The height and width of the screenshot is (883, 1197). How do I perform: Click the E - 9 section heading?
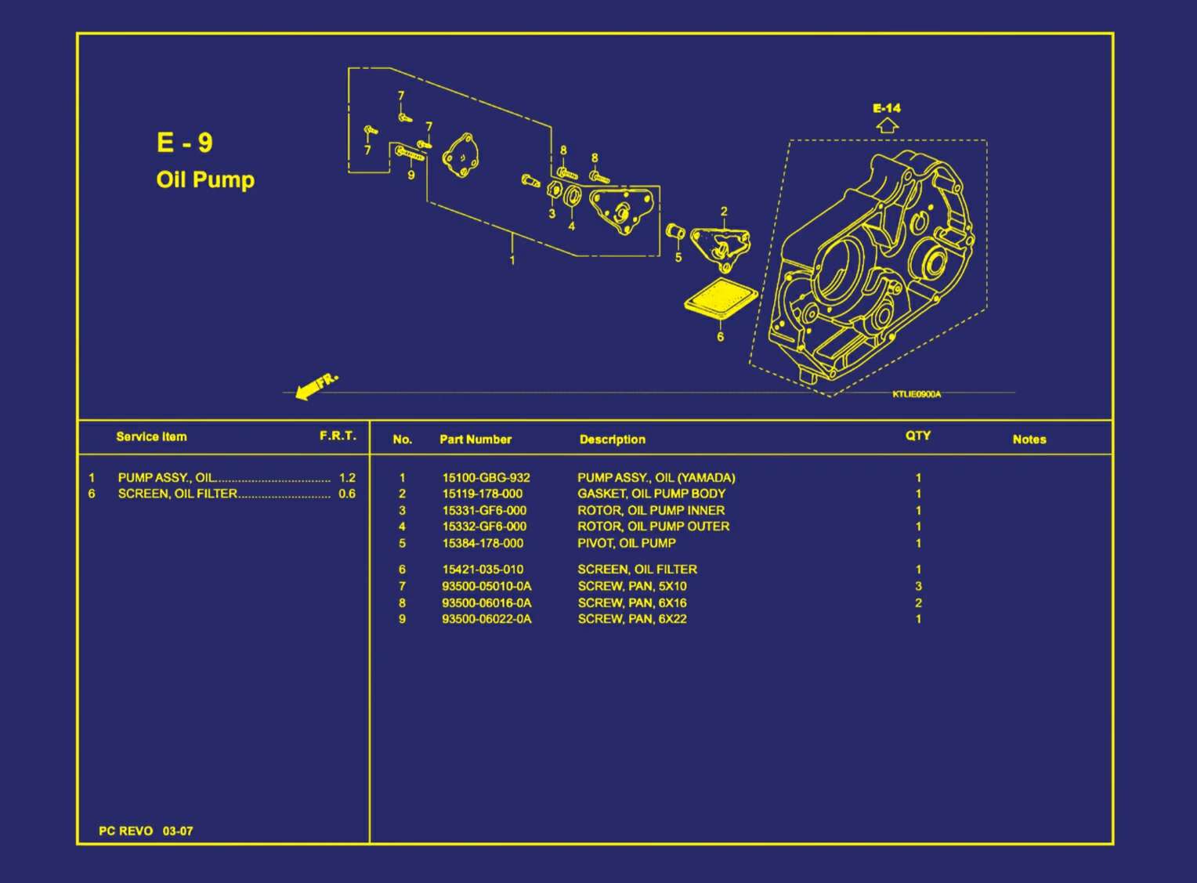coord(184,143)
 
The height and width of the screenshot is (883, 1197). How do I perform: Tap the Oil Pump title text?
coord(205,179)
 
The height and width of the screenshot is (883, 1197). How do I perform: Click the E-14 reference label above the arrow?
coord(887,108)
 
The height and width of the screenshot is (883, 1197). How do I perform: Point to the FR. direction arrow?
coord(316,385)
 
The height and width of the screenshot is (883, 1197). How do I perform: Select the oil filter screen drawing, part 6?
coord(721,299)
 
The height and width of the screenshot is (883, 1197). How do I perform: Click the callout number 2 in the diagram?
coord(724,212)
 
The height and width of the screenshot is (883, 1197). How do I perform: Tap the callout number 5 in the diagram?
coord(678,257)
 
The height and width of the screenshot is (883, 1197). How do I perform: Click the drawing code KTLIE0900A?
coord(917,394)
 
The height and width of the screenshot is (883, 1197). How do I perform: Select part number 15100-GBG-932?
coord(486,477)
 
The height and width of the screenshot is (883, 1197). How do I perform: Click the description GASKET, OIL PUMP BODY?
coord(651,494)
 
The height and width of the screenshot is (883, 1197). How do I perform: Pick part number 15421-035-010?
coord(483,570)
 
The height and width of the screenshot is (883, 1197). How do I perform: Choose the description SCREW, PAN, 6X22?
coord(631,619)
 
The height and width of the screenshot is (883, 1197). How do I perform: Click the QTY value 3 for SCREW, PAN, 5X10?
coord(918,586)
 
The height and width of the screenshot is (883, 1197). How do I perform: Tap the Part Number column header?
coord(475,440)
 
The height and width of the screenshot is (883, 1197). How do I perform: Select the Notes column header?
coord(1029,440)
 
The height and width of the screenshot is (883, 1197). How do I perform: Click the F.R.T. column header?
coord(338,436)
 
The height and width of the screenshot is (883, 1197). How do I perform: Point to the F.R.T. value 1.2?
coord(347,477)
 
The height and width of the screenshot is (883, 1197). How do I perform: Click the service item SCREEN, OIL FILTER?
coord(177,494)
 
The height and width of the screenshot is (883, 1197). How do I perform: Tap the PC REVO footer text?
coord(125,831)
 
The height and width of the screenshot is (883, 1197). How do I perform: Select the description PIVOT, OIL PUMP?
coord(626,543)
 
